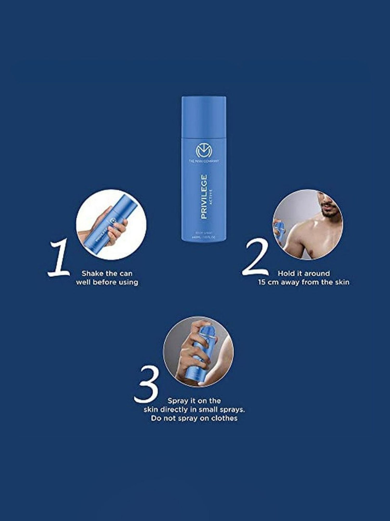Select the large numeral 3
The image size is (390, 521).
coord(146,385)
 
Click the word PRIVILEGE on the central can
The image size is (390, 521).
coord(204,197)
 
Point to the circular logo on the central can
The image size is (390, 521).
coord(204,151)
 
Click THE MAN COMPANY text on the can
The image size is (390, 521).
coord(204,161)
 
